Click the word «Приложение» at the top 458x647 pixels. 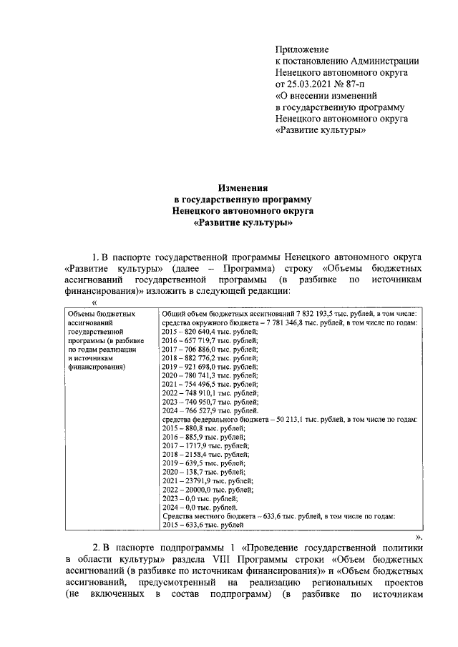301,49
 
